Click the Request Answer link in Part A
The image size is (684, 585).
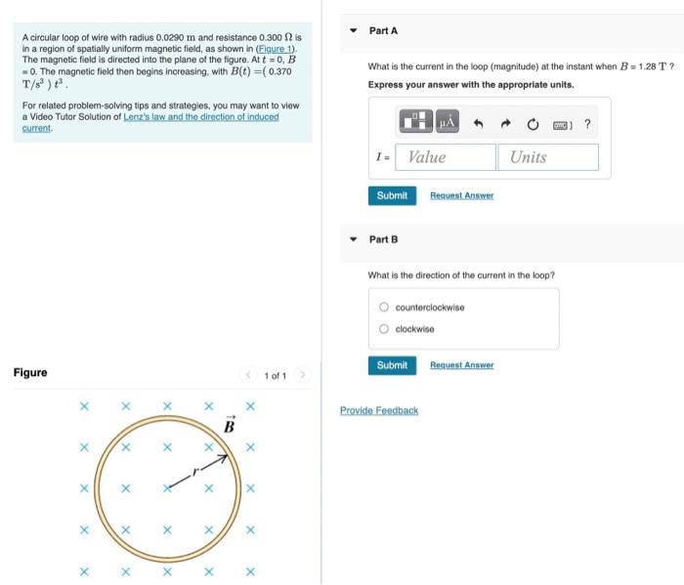[461, 196]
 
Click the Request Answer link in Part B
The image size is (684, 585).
[461, 365]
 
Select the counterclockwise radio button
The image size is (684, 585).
[385, 308]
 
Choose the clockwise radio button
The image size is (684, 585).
[385, 329]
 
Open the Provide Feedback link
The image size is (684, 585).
[379, 411]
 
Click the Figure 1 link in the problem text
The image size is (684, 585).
[277, 49]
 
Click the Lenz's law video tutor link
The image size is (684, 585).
[200, 116]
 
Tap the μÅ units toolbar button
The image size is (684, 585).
[448, 123]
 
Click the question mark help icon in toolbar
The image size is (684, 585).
[586, 124]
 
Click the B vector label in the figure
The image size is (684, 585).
[230, 426]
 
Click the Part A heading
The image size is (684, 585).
[383, 31]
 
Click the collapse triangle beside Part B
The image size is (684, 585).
[354, 239]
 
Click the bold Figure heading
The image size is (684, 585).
[30, 373]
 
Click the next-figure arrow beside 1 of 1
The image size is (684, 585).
[303, 375]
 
